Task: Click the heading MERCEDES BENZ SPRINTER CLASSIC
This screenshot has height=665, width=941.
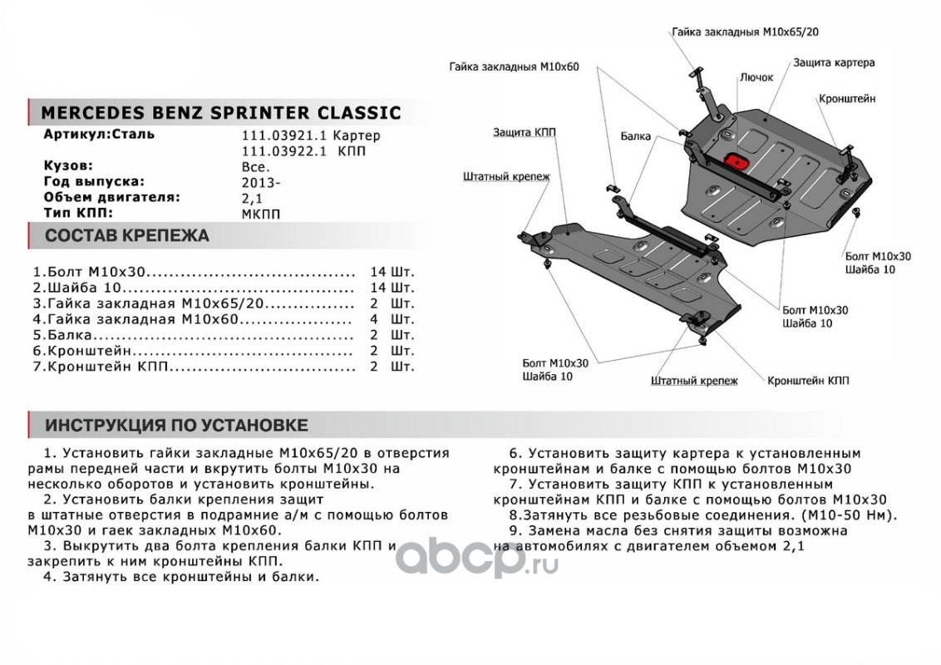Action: pyautogui.click(x=220, y=113)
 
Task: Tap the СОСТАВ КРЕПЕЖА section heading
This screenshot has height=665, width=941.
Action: pyautogui.click(x=127, y=236)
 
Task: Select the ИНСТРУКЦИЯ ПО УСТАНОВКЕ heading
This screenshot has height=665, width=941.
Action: pyautogui.click(x=176, y=426)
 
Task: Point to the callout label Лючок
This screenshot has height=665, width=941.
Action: pyautogui.click(x=756, y=77)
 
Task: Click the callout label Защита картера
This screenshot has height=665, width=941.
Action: pyautogui.click(x=833, y=62)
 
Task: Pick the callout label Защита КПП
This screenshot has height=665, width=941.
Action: pyautogui.click(x=524, y=132)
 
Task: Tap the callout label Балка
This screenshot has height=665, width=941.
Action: pyautogui.click(x=635, y=135)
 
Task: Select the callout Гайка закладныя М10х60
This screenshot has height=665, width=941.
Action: pyautogui.click(x=513, y=66)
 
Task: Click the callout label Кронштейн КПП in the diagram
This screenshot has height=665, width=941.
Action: pyautogui.click(x=808, y=380)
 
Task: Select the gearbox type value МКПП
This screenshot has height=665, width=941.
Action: pyautogui.click(x=261, y=214)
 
